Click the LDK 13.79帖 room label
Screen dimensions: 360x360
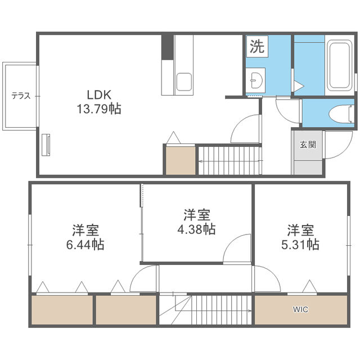point(99,102)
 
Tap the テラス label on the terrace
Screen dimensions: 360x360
point(21,96)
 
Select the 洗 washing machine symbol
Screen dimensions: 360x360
point(257,46)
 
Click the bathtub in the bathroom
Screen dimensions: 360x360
point(340,65)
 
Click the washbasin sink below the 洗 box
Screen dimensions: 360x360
point(256,80)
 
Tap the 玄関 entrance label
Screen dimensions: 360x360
point(308,145)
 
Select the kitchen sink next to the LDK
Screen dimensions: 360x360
point(184,82)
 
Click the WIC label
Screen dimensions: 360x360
point(300,309)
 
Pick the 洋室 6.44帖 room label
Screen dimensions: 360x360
point(85,237)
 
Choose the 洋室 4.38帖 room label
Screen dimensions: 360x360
point(196,222)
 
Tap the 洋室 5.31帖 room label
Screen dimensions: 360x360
point(300,237)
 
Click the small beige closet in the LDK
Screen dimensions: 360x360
point(181,161)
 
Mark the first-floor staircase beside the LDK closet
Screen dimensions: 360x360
point(230,161)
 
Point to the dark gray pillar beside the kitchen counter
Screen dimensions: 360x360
point(168,47)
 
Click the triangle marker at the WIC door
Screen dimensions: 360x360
point(310,286)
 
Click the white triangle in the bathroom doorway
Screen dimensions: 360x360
point(299,86)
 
